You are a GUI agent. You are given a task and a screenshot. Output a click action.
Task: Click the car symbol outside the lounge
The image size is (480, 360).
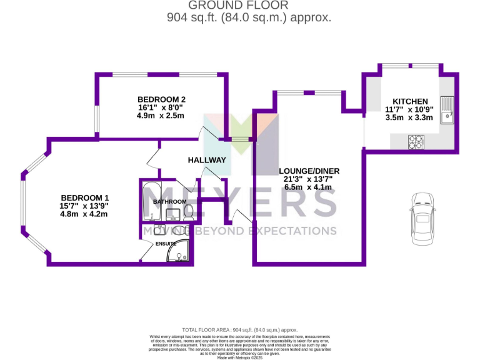click(x=421, y=219)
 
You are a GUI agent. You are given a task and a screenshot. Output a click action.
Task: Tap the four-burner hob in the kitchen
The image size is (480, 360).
click(x=416, y=143)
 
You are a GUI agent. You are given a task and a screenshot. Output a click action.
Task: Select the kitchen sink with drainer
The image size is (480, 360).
click(x=447, y=111)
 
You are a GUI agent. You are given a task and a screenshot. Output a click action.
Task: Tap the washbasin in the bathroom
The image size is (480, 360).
click(x=173, y=214)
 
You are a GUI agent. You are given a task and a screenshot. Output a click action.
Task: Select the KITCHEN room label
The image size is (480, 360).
click(x=409, y=101)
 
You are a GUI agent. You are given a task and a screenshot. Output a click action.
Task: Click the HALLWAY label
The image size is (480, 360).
click(x=207, y=160)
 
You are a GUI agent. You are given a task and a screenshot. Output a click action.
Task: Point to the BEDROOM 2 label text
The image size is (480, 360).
click(x=161, y=99)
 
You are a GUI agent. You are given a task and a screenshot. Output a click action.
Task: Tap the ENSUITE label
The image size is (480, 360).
click(x=166, y=243)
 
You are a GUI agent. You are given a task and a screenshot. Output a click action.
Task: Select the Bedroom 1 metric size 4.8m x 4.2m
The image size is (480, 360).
click(x=84, y=214)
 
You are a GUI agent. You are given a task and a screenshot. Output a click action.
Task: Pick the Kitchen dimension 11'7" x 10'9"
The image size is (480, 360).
click(x=409, y=109)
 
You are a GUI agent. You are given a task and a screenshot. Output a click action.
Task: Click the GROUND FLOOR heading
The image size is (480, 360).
click(x=248, y=6)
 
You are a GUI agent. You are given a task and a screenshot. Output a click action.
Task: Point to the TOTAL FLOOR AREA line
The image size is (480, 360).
click(x=239, y=329)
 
